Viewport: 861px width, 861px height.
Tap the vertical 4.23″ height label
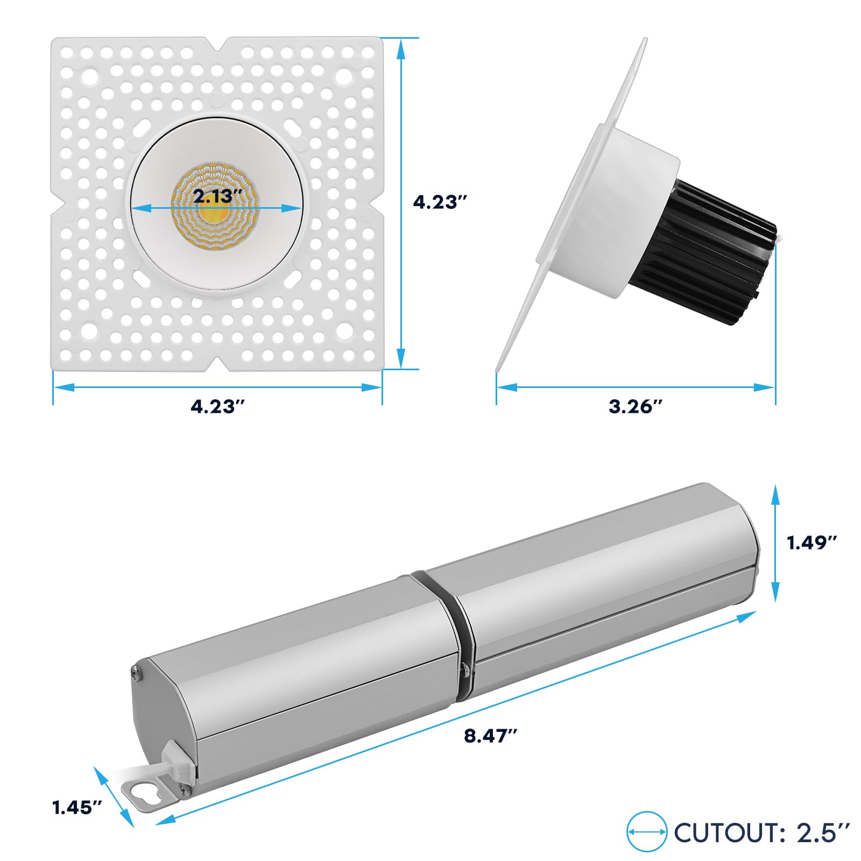tap(439, 202)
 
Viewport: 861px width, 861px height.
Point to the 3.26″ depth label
tap(636, 406)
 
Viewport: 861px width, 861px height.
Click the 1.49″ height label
tap(812, 542)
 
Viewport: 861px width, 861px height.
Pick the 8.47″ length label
tap(490, 736)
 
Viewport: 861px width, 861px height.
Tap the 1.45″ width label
tap(77, 808)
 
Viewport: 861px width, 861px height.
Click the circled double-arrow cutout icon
tap(647, 832)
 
